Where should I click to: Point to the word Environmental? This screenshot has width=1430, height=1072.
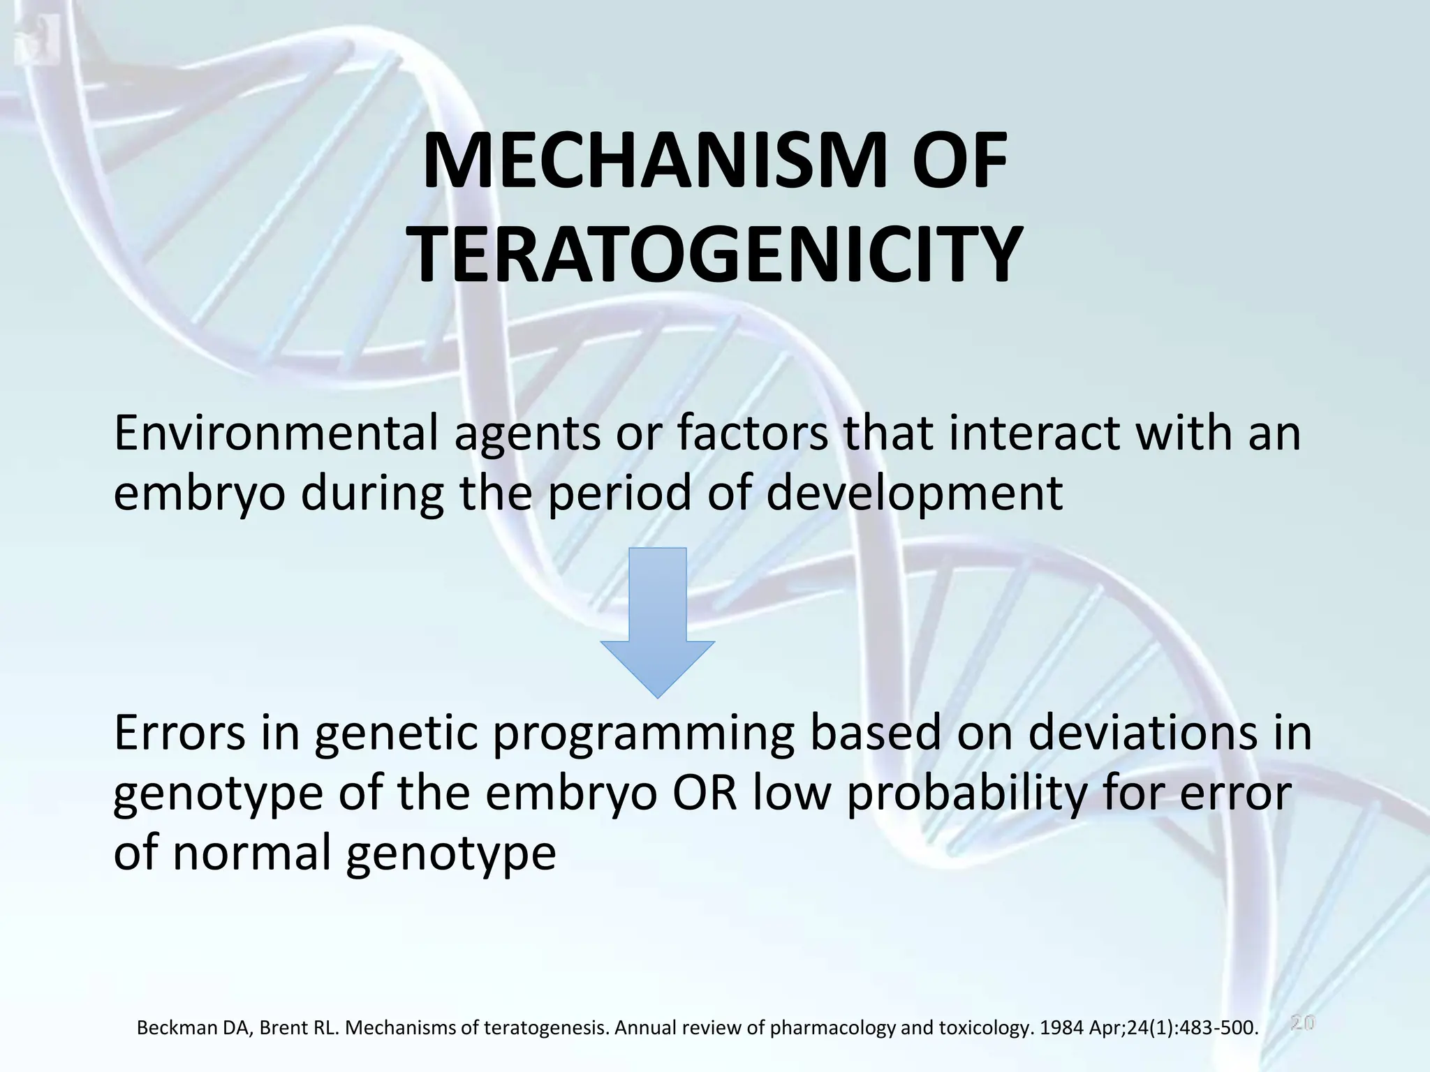pyautogui.click(x=276, y=433)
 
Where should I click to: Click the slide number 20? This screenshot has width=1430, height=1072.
pyautogui.click(x=1302, y=1023)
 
